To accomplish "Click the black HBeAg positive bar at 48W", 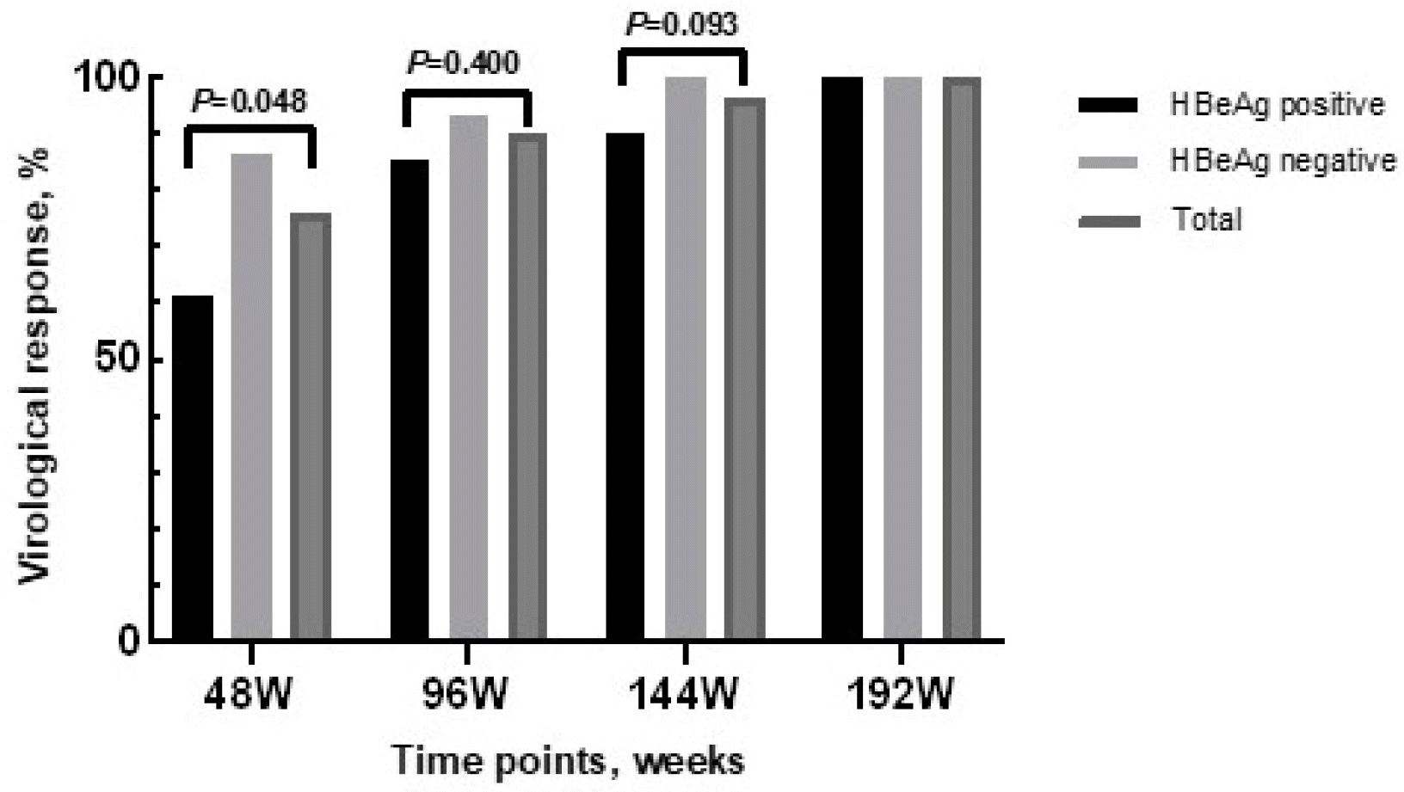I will (x=193, y=468).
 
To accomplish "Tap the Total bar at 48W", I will (x=310, y=427).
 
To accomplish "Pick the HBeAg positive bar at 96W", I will (x=409, y=400).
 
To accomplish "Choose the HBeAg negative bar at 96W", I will (x=468, y=378).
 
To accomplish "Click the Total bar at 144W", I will (x=744, y=370).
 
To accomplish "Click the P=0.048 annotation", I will (x=249, y=101).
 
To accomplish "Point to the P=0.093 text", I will (x=681, y=25).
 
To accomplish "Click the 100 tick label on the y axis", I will (x=108, y=77).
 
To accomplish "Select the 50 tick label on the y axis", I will (x=118, y=359).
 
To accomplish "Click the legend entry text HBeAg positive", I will (x=1278, y=105).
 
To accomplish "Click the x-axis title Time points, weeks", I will (x=568, y=761).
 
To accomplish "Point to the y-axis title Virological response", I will (x=36, y=365).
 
